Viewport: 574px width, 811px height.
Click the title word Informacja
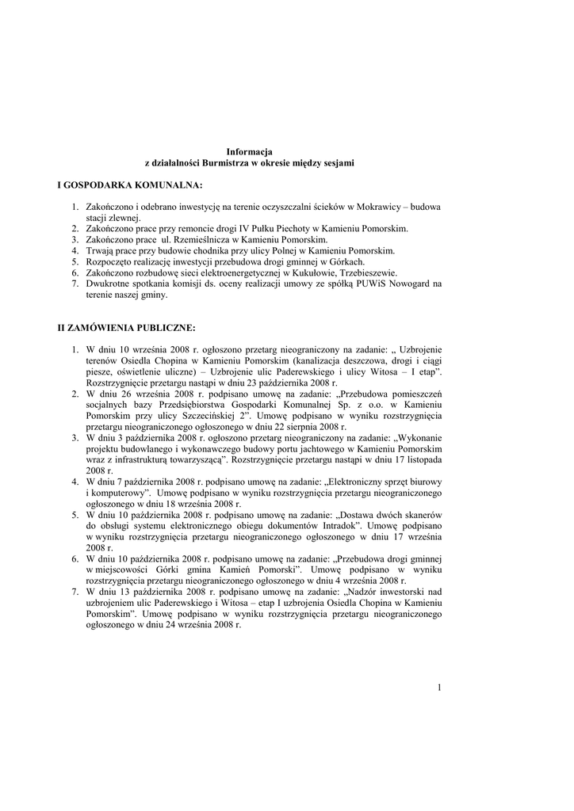(x=249, y=150)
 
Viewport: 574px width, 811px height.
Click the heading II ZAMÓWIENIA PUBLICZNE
(x=126, y=326)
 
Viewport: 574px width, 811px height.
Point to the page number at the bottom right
(x=438, y=687)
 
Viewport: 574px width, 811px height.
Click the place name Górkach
(x=346, y=261)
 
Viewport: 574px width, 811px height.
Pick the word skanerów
(x=422, y=514)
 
